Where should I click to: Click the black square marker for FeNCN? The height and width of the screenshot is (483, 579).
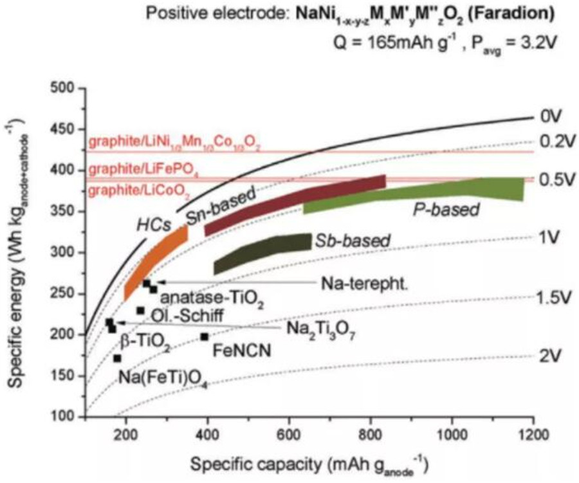(x=205, y=336)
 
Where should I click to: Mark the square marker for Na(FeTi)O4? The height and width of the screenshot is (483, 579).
(x=117, y=358)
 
